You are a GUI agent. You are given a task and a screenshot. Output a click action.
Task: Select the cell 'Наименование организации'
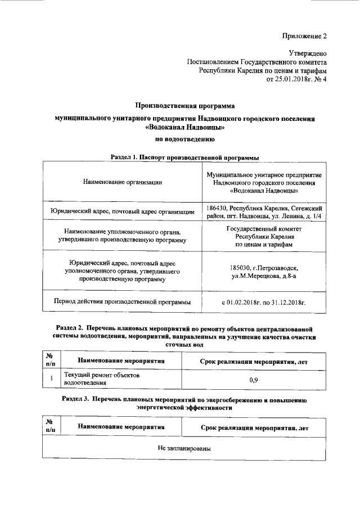tap(122, 182)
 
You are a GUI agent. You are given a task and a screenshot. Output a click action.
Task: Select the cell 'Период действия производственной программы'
tap(122, 302)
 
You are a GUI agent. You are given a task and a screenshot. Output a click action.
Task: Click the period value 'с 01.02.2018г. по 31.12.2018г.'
tap(264, 302)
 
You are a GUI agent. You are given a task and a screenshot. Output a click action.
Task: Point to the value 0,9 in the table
tap(253, 380)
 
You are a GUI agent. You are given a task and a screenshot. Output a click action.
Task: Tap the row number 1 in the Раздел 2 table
tap(51, 379)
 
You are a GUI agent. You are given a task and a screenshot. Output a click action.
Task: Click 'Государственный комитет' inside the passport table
tap(264, 229)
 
